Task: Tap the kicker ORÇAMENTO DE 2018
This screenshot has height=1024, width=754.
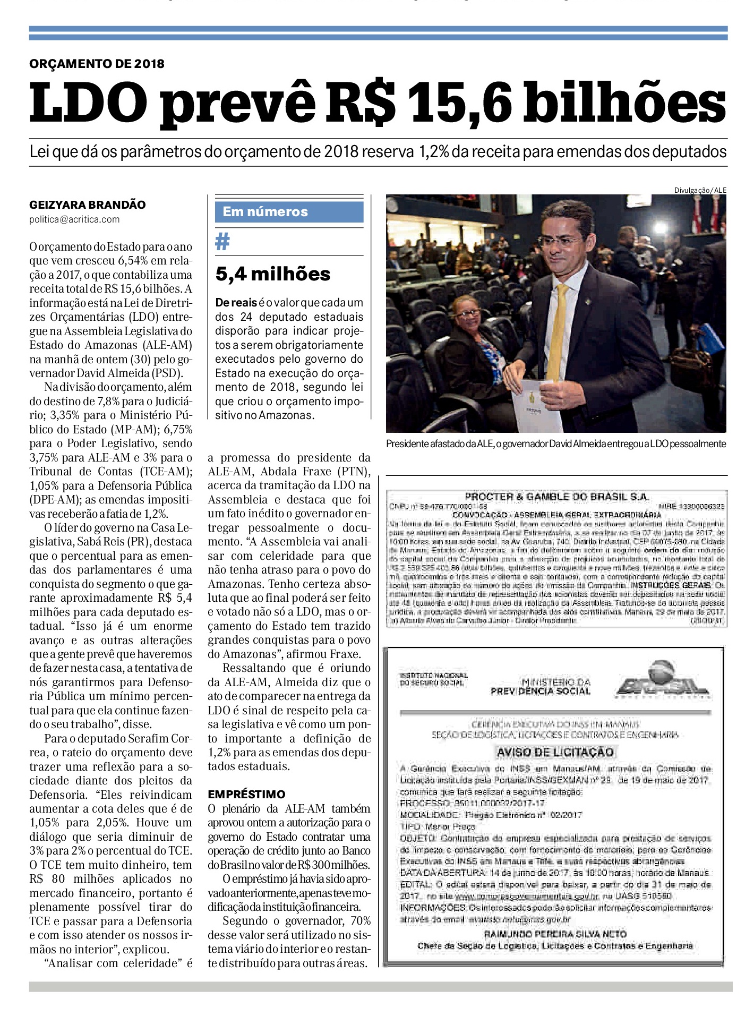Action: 97,64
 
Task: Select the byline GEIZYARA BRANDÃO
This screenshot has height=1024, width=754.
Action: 87,204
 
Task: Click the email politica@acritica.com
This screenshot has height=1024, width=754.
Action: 74,219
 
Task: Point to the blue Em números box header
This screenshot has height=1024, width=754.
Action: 289,211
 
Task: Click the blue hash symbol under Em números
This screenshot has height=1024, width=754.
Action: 222,242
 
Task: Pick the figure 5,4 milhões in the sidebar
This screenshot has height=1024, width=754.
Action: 273,274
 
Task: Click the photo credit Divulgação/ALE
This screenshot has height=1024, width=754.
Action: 700,190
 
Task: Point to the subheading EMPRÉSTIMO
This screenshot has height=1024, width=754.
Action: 246,794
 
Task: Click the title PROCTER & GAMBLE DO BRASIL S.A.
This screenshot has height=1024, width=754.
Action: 556,497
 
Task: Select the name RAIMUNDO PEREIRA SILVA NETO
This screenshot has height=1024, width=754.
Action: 555,933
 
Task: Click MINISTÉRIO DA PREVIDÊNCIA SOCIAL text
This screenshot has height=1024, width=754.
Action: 541,686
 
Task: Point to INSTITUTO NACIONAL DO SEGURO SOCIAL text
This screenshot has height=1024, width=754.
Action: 433,679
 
